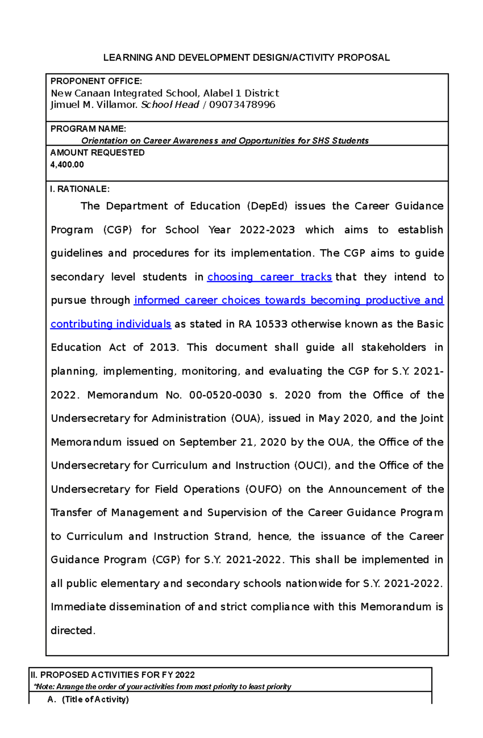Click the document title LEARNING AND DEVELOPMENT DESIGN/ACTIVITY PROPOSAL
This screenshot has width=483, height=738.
point(246,58)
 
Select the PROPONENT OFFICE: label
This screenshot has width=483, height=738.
point(96,81)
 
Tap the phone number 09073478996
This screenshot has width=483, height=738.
point(242,105)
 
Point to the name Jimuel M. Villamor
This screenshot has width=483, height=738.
point(94,105)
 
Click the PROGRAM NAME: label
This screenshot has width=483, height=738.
point(88,129)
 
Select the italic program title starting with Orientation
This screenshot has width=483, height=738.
point(225,141)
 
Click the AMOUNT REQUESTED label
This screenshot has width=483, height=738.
point(97,153)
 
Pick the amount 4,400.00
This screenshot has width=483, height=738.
point(67,164)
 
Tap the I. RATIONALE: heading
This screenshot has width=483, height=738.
point(80,189)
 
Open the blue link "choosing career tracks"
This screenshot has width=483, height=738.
point(269,277)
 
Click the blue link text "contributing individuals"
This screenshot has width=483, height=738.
point(111,324)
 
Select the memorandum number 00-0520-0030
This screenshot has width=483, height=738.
point(225,395)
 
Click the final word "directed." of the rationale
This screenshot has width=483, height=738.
point(73,631)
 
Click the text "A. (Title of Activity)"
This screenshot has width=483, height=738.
point(88,699)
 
